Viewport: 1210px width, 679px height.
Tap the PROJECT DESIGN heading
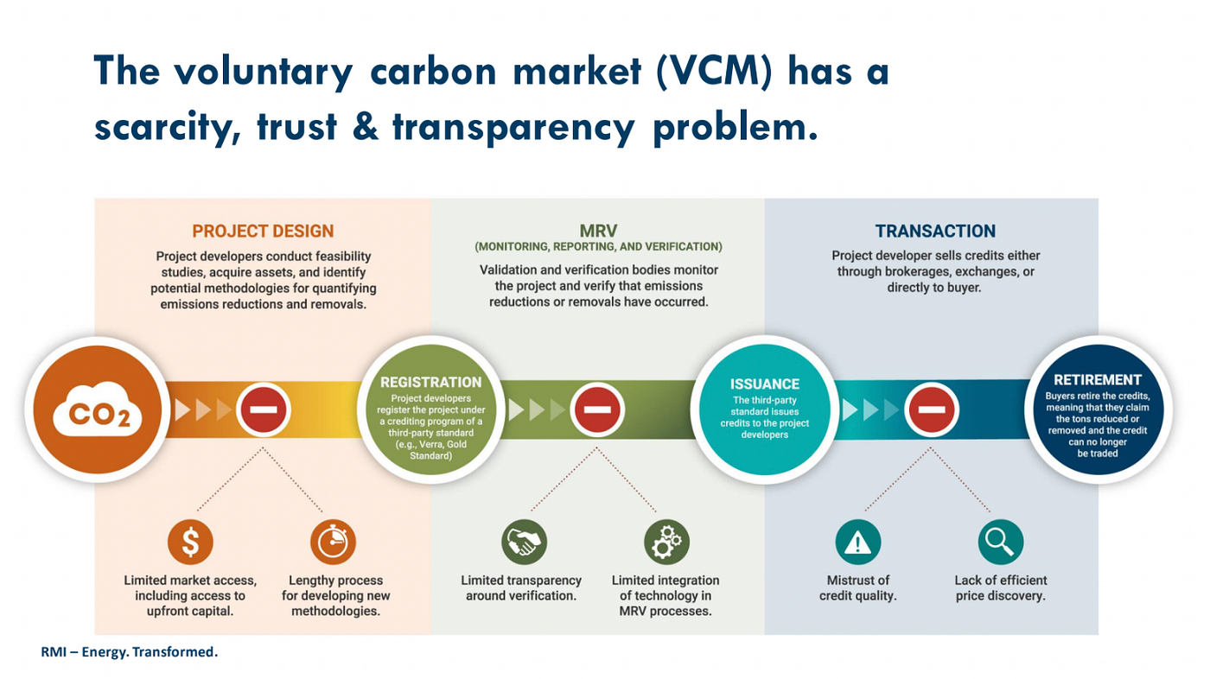tap(263, 232)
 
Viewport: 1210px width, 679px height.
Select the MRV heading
tap(598, 230)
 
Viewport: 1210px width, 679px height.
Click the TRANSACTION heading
tap(935, 232)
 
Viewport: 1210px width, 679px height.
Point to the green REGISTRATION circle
tap(430, 410)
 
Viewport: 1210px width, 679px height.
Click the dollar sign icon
tap(190, 543)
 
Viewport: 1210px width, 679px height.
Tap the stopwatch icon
tap(334, 543)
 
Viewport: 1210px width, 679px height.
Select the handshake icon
tap(525, 543)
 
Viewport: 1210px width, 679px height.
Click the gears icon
tap(666, 543)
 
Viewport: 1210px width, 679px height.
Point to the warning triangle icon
tap(858, 543)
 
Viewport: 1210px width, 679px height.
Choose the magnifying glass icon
tap(1001, 543)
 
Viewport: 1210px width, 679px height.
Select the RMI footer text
tap(130, 652)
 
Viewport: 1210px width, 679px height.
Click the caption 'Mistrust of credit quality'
tap(858, 588)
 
